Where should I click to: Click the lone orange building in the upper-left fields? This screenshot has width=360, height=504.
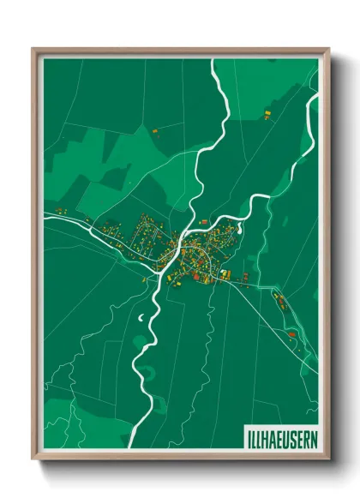tap(156, 130)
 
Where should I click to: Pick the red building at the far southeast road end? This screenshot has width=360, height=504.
tap(292, 332)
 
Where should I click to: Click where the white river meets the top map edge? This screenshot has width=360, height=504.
tap(214, 58)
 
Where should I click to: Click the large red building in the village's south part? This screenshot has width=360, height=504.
tap(196, 276)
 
